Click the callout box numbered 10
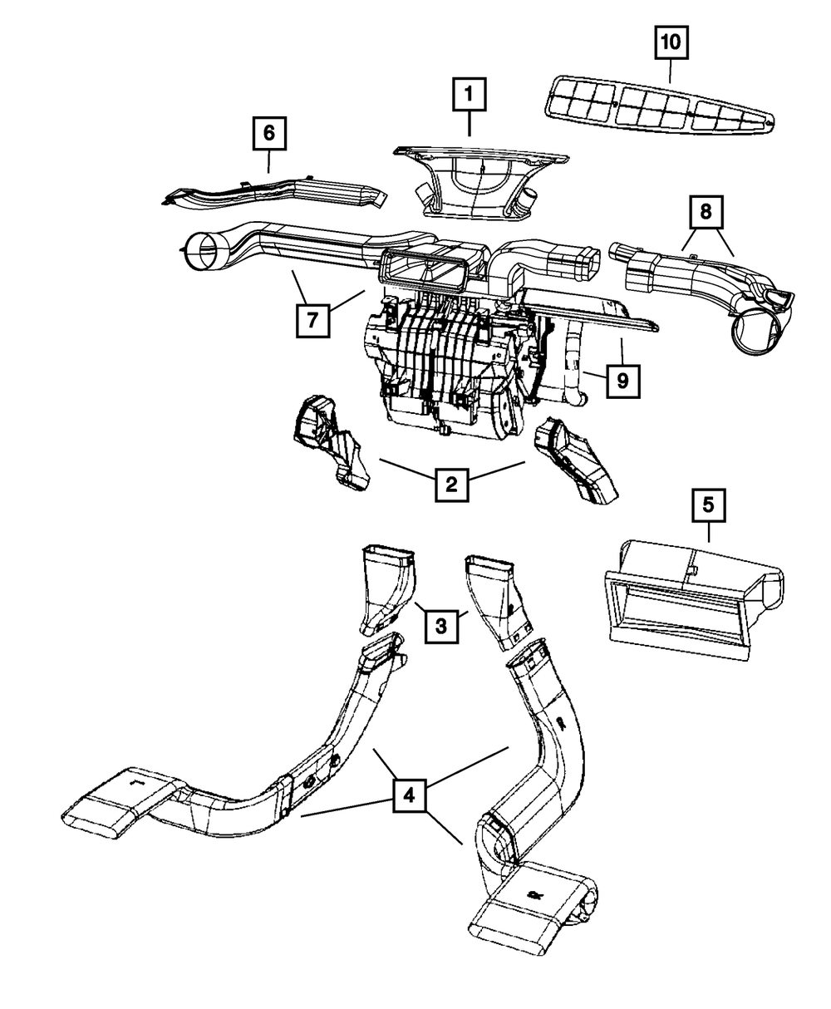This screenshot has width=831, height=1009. coord(671,42)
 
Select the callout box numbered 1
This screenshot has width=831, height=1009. coord(469,94)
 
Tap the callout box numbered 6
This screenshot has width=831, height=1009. coord(269,133)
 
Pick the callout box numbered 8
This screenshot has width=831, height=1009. coord(706,212)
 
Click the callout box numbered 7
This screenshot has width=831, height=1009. coord(312,320)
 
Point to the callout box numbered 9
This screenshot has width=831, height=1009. coord(623,381)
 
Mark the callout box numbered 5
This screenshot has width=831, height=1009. coord(708,505)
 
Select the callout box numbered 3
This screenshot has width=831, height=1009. coord(441,627)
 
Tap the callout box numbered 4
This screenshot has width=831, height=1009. coord(409,795)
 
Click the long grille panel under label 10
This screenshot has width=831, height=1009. coord(660,106)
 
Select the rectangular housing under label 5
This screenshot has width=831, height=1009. coord(694,600)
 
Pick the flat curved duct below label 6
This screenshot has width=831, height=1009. coord(274,194)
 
